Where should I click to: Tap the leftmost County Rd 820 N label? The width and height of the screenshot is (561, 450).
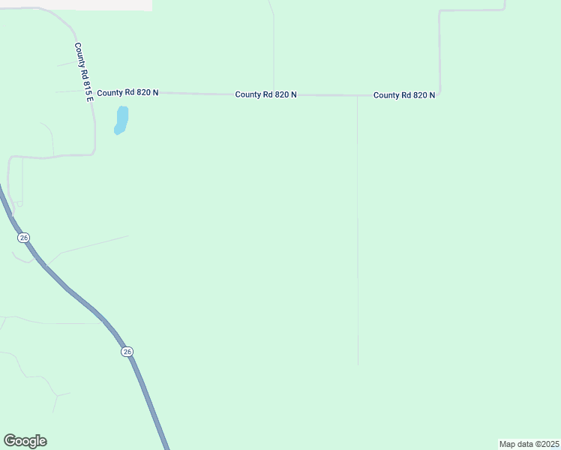127,92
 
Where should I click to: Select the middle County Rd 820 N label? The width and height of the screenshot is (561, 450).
265,94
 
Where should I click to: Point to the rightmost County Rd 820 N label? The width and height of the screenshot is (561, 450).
404,95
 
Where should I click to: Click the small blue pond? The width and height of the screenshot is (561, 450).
121,119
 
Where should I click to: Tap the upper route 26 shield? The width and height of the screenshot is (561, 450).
24,237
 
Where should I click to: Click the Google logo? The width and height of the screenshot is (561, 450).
25,441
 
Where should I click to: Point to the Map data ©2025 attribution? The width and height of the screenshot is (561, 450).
529,444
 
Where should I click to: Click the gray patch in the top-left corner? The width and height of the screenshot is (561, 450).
75,4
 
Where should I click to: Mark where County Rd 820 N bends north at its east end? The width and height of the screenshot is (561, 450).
439,94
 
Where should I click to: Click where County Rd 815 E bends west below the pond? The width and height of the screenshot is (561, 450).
92,153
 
